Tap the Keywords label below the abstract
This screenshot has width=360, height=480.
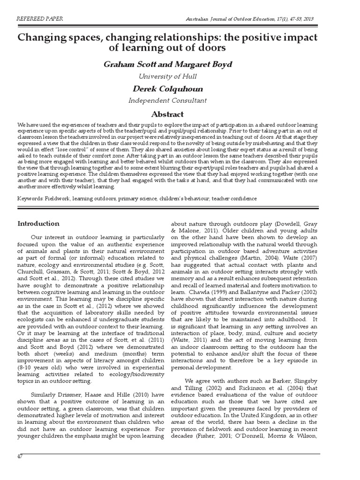pos(30,198)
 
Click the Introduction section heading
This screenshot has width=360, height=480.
pos(38,223)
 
